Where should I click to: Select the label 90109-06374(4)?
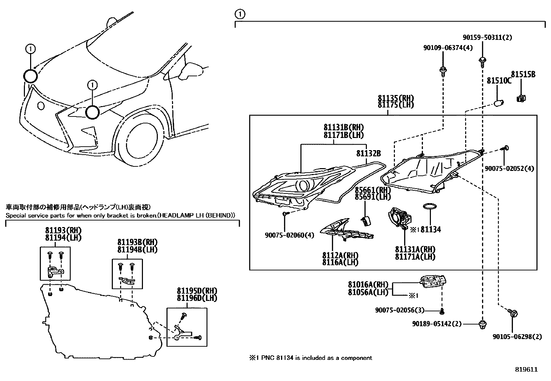tap(448, 48)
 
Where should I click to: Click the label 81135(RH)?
tap(396, 98)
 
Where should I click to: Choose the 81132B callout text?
tap(369, 153)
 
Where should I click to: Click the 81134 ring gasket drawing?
tap(430, 207)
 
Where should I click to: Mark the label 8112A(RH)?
tap(340, 256)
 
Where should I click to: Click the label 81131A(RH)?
tap(415, 250)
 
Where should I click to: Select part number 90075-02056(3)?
tap(399, 310)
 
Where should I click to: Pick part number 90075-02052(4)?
tap(509, 168)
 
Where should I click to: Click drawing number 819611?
tap(526, 370)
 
